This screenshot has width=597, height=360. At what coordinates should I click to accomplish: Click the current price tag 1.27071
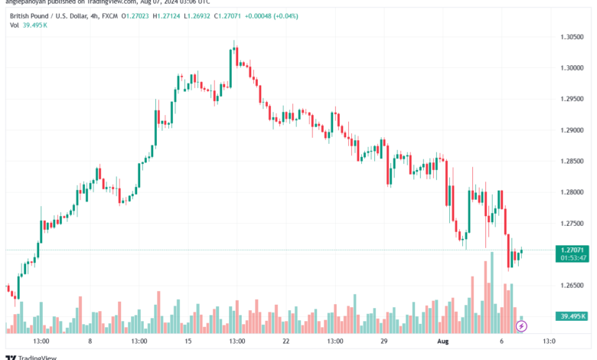(572, 250)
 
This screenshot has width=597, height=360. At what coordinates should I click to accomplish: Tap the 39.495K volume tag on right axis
(572, 316)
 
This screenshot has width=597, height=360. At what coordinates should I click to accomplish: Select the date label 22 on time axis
(285, 341)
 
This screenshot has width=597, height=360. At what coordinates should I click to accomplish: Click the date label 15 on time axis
(188, 341)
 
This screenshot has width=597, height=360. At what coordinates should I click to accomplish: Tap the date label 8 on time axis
(90, 341)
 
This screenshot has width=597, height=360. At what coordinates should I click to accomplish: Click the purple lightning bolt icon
(522, 326)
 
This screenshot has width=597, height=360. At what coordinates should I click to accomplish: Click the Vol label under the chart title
(15, 25)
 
